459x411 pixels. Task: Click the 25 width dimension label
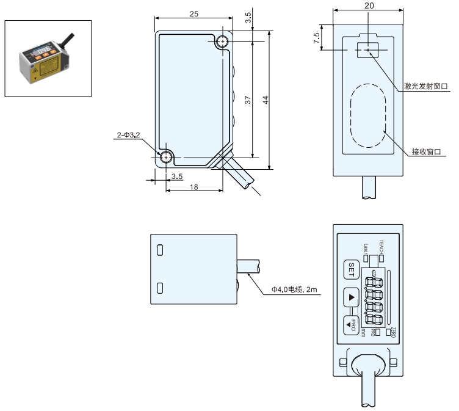[193, 14]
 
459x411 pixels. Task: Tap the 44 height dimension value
[266, 100]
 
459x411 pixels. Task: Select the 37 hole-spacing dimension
[248, 100]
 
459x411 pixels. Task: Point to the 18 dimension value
[193, 187]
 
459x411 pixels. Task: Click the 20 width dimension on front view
[369, 5]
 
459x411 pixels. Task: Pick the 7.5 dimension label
[316, 38]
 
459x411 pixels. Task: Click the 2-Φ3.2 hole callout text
[128, 135]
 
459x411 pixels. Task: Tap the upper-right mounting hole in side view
[223, 42]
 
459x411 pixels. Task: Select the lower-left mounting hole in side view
[166, 158]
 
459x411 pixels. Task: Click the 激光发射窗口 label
[426, 86]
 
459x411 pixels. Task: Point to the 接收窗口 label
[426, 151]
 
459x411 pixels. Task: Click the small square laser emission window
[367, 50]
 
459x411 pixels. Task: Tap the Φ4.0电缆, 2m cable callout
[294, 289]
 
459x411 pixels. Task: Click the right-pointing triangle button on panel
[351, 297]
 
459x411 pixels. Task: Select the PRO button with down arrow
[351, 325]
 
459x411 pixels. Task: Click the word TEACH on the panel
[381, 247]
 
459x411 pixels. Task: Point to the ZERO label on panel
[393, 332]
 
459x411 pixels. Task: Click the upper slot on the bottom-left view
[160, 250]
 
